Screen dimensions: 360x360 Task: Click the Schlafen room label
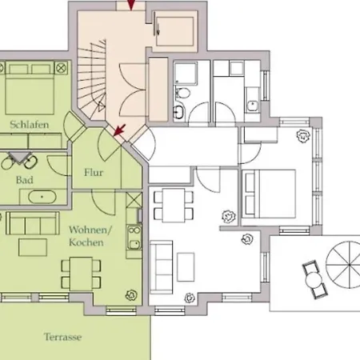30,125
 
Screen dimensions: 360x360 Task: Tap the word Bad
25,180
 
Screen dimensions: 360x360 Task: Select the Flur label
94,172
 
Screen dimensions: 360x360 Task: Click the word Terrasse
63,337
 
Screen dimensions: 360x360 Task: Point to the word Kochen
86,242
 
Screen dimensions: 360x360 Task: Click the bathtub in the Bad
42,197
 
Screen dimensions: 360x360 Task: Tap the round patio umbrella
344,265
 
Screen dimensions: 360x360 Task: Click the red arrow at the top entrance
131,5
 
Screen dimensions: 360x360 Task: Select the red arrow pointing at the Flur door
119,130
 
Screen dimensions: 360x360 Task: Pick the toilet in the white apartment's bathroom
182,93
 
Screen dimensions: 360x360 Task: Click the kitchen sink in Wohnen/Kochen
134,244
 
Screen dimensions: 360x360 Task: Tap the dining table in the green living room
81,274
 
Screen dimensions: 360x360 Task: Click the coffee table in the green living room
33,247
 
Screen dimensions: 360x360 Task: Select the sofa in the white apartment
161,267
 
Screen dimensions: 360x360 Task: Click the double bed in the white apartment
269,194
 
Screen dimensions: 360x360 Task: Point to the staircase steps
92,80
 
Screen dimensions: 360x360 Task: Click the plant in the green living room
131,295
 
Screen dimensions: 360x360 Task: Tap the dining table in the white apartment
174,205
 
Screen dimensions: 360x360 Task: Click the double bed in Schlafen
30,88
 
